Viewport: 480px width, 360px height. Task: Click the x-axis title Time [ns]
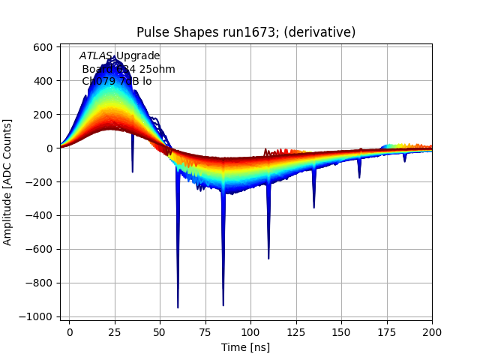tap(245, 347)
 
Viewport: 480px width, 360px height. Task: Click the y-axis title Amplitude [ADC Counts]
tap(8, 181)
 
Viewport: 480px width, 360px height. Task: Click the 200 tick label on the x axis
tap(432, 331)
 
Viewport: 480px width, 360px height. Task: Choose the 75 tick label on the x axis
tap(205, 331)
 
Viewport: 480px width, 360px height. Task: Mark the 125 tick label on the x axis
tap(296, 331)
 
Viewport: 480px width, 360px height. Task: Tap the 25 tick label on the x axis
tap(115, 331)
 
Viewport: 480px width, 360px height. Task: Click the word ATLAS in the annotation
tap(96, 56)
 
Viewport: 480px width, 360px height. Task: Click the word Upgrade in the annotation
tap(137, 56)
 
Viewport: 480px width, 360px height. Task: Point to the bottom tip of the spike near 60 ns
tap(178, 307)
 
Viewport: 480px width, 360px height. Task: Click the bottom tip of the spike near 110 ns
tap(268, 259)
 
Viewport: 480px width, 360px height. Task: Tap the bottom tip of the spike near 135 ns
tap(313, 208)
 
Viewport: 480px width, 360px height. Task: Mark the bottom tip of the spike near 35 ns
tap(133, 172)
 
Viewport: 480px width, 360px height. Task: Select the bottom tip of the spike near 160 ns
tap(359, 178)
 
